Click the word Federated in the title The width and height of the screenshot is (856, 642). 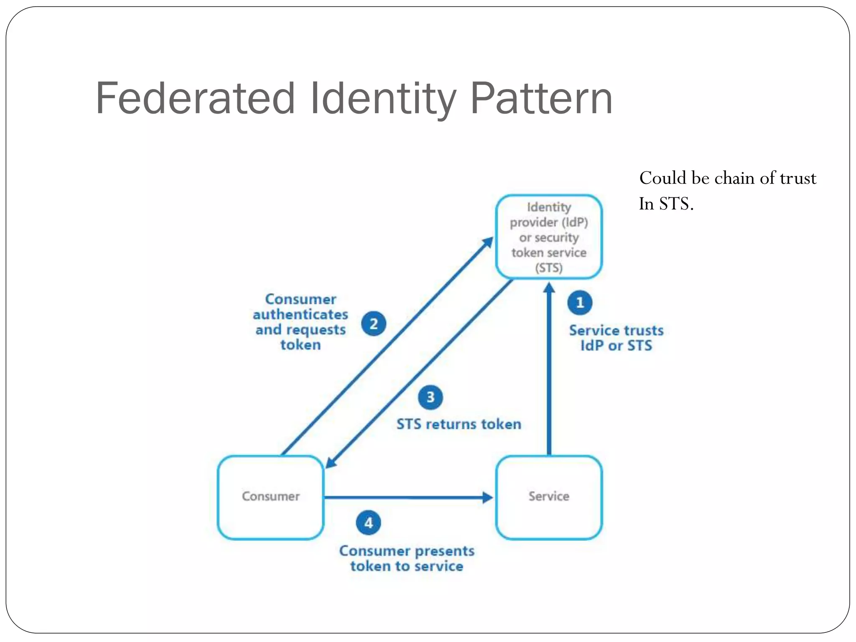click(x=195, y=99)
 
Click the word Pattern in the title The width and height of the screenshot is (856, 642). click(x=542, y=99)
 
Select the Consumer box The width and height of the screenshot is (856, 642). click(x=270, y=497)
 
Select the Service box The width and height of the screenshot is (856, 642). click(x=549, y=497)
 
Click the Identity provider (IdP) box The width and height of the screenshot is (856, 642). click(x=549, y=237)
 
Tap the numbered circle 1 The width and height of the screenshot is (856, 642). click(x=580, y=303)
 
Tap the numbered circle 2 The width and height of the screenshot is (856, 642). click(x=373, y=324)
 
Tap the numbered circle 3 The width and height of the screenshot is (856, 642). click(x=430, y=397)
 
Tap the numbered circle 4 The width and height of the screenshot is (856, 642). click(x=368, y=523)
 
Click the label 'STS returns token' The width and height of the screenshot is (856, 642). click(x=459, y=424)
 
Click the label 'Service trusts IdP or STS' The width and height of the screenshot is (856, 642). click(x=616, y=338)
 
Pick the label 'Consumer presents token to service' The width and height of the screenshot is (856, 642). click(x=407, y=558)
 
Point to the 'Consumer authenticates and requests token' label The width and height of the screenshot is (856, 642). click(x=301, y=322)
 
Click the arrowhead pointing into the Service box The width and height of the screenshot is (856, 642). click(x=487, y=497)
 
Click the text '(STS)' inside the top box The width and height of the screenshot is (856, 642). click(x=549, y=267)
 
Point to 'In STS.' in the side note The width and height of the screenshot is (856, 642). click(x=666, y=204)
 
